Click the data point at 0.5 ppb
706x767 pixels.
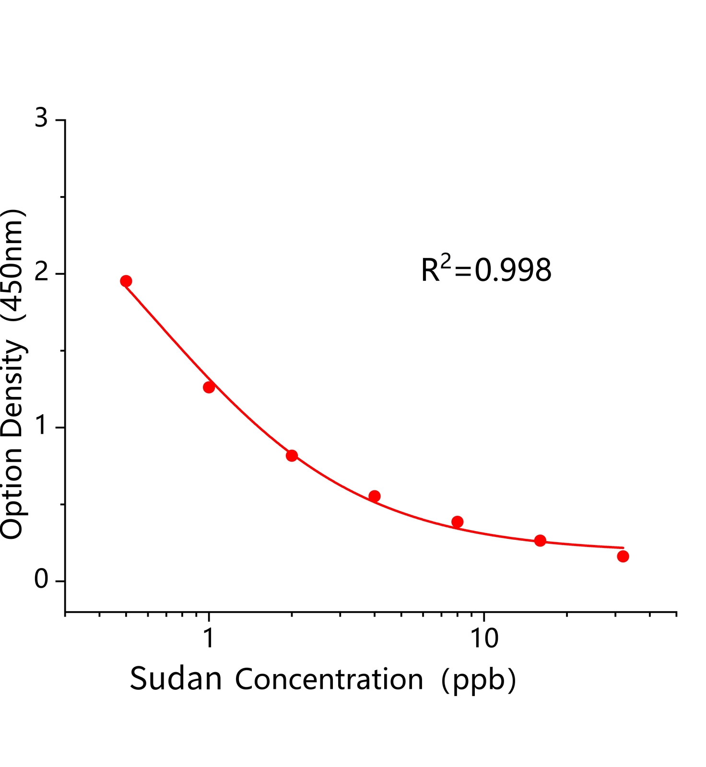point(126,281)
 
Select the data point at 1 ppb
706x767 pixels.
point(209,387)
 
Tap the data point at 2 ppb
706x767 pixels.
point(292,455)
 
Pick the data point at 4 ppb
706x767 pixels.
point(375,496)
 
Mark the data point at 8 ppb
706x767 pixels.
point(458,522)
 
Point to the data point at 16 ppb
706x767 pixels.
point(540,541)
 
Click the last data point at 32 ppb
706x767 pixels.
point(623,556)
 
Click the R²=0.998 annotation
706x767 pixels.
point(486,269)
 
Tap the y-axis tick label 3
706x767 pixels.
point(42,118)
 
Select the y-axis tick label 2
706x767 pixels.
point(42,272)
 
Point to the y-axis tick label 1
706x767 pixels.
point(42,426)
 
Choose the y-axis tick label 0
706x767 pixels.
point(42,580)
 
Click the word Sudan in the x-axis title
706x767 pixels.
point(176,679)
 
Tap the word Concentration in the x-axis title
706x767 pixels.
point(329,679)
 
